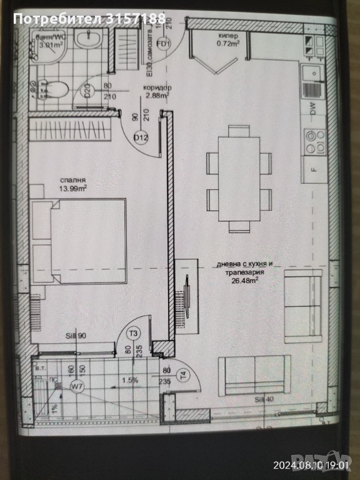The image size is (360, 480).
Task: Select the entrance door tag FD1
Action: tap(164, 44)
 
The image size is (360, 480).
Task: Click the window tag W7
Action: tap(77, 386)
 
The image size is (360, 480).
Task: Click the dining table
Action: tap(239, 179)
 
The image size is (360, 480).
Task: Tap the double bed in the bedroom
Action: tap(78, 241)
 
